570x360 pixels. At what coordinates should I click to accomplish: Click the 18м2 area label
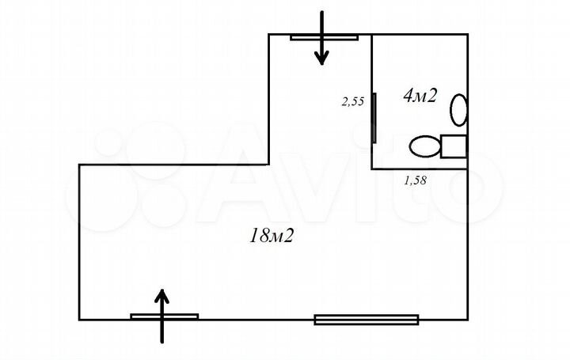point(272,236)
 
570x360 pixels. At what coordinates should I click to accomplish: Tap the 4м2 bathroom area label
point(420,96)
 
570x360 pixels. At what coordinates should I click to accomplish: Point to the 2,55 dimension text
point(352,100)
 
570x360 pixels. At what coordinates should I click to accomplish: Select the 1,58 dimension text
point(415,180)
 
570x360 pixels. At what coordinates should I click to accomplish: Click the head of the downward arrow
point(321,58)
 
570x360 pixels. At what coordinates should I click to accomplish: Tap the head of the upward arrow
point(161,297)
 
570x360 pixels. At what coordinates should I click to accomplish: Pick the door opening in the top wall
point(325,37)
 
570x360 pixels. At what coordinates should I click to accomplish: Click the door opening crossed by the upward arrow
point(165,316)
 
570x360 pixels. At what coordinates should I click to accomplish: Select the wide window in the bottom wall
point(367,320)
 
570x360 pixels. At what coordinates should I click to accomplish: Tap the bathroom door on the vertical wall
point(374,118)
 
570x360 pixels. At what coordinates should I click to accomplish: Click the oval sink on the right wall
point(458,110)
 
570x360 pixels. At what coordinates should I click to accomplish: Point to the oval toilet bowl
point(425,146)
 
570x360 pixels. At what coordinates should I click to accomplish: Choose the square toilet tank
point(454,146)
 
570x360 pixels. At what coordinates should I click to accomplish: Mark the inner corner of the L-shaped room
point(268,165)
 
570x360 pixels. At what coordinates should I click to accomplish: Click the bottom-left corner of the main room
point(79,320)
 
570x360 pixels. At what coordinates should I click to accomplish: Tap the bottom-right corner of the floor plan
point(468,320)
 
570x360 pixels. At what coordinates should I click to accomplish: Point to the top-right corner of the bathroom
point(468,35)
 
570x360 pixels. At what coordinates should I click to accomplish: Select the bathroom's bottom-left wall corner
point(372,169)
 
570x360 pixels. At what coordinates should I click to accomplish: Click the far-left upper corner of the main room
point(79,165)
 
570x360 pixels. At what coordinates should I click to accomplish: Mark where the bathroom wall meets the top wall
point(371,35)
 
